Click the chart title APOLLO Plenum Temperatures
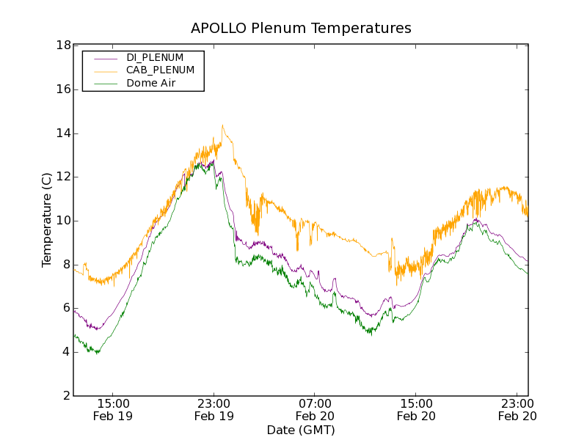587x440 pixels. pyautogui.click(x=301, y=29)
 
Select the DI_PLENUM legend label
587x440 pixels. pyautogui.click(x=155, y=57)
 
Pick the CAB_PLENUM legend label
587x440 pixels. pyautogui.click(x=160, y=70)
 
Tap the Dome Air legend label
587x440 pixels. pyautogui.click(x=151, y=84)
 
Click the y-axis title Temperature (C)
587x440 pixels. pyautogui.click(x=47, y=220)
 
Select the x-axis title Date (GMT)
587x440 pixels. pyautogui.click(x=301, y=430)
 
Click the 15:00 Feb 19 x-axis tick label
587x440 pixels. pyautogui.click(x=113, y=409)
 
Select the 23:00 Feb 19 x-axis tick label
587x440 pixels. pyautogui.click(x=214, y=409)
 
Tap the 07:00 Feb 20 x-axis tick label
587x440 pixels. pyautogui.click(x=316, y=409)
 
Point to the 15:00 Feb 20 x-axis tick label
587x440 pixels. pyautogui.click(x=417, y=409)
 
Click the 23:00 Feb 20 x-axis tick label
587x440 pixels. pyautogui.click(x=518, y=409)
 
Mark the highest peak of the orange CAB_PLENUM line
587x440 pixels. pyautogui.click(x=222, y=125)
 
